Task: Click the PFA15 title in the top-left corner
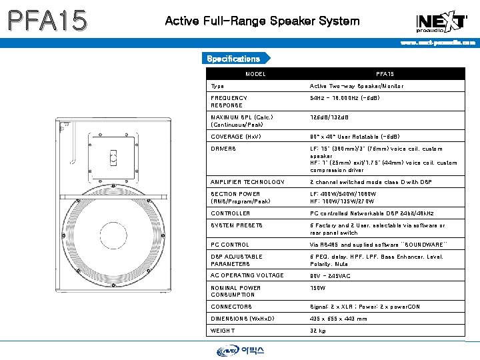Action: [47, 21]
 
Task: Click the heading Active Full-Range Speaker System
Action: [262, 21]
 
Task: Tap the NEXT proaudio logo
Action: [441, 21]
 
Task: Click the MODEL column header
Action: [255, 74]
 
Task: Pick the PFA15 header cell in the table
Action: [385, 74]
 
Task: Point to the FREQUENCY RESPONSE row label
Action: [229, 101]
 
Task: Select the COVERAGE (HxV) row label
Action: [236, 137]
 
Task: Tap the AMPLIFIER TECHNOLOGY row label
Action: [247, 182]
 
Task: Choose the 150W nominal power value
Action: [318, 288]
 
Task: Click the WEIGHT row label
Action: [223, 331]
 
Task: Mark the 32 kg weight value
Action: [318, 331]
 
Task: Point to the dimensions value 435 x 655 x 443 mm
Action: [338, 319]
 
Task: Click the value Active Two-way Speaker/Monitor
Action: [357, 86]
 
